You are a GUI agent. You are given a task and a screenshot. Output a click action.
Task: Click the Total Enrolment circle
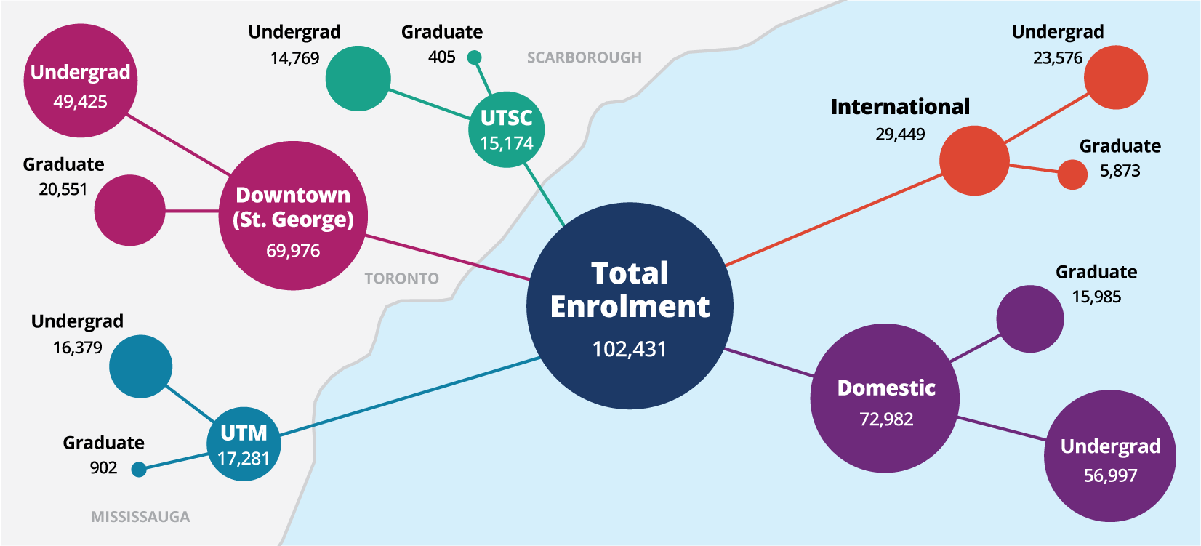(x=630, y=305)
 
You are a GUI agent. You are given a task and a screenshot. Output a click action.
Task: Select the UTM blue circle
(x=244, y=445)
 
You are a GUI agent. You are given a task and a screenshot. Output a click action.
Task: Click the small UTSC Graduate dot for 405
(x=474, y=57)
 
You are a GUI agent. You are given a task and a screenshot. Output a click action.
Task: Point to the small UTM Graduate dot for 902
(x=139, y=470)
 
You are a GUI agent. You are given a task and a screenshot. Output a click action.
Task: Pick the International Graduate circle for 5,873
(x=1072, y=174)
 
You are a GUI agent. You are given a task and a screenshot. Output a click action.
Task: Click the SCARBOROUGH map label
(x=584, y=57)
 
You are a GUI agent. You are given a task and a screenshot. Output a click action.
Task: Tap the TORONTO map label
(x=401, y=278)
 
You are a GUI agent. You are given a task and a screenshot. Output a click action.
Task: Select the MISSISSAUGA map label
(x=140, y=517)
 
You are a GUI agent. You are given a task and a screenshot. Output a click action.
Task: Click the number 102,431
(x=630, y=350)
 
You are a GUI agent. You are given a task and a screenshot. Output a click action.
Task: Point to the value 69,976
(x=293, y=252)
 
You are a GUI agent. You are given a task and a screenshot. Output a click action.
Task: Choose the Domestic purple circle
(x=885, y=398)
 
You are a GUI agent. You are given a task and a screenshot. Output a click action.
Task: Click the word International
(x=900, y=107)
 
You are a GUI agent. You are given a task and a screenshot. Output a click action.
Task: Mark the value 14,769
(x=294, y=59)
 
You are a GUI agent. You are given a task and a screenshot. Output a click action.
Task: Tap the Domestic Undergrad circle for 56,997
(x=1109, y=456)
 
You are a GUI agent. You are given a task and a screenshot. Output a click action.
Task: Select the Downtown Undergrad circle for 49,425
(x=80, y=81)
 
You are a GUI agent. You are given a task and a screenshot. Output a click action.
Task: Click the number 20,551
(x=63, y=190)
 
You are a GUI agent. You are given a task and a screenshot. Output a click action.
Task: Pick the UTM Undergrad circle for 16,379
(x=141, y=366)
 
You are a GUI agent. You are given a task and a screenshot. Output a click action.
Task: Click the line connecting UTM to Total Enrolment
(x=407, y=397)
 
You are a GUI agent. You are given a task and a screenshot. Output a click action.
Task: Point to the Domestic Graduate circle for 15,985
(x=1029, y=319)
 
